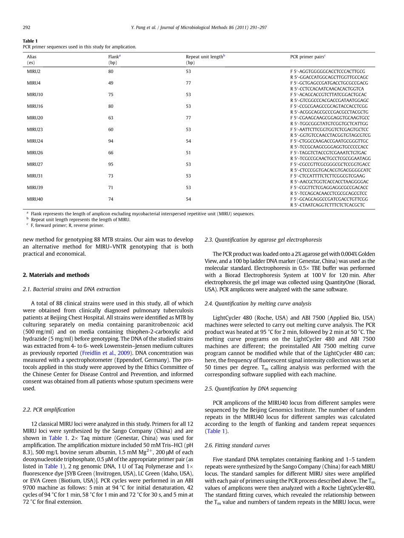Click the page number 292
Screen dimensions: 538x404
point(26,28)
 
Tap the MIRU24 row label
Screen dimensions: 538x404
point(35,141)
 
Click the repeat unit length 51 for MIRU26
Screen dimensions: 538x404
point(188,152)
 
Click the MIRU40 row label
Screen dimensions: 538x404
point(35,199)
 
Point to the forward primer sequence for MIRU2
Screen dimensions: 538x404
point(327,71)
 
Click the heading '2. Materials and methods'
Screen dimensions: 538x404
point(56,275)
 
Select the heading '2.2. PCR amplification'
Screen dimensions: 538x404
point(48,410)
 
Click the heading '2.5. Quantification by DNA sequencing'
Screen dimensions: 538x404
point(250,389)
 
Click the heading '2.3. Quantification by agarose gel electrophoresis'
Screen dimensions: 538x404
point(263,240)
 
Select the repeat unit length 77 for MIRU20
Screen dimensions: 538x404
point(188,118)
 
